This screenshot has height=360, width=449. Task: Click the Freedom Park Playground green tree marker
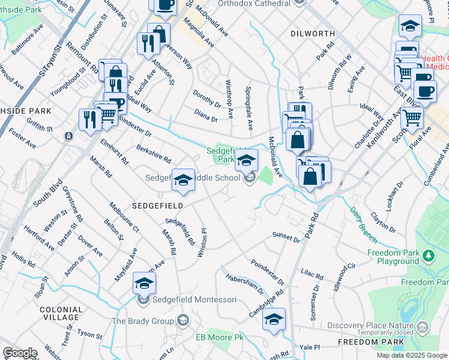tap(428, 256)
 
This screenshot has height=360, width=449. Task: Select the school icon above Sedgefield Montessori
tap(144, 283)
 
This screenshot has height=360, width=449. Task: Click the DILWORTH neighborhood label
tap(312, 34)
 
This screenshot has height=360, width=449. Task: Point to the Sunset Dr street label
tap(286, 238)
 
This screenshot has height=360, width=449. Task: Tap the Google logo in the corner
tap(19, 353)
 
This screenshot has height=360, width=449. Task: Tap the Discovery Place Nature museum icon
tap(423, 327)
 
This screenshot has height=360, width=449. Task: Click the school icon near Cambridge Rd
tap(274, 319)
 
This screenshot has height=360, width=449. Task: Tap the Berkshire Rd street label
tap(154, 154)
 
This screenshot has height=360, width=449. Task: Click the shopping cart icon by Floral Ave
tap(412, 118)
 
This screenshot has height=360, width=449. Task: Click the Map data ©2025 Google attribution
tap(412, 355)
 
